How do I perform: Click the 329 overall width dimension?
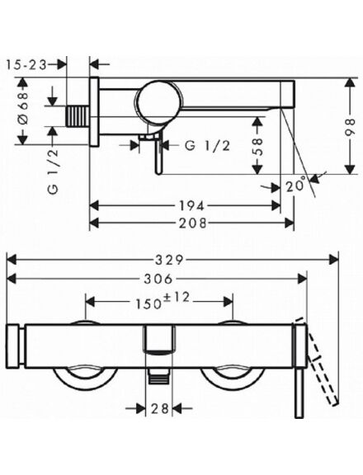click(169, 260)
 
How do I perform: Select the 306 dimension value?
click(158, 279)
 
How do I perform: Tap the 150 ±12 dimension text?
click(163, 300)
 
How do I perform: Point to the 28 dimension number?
click(160, 409)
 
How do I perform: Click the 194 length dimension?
click(191, 205)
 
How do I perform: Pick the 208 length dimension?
click(193, 223)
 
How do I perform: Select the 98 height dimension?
click(350, 126)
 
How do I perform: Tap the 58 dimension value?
click(257, 146)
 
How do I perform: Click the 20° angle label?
click(295, 186)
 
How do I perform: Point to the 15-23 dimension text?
click(26, 64)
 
